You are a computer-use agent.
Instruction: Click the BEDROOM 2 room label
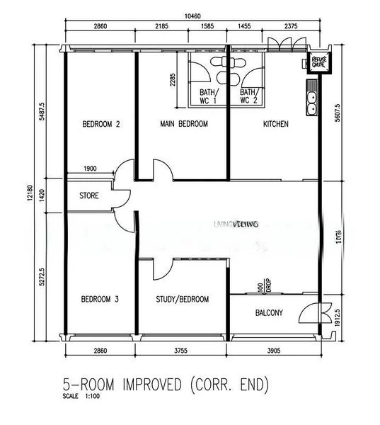100,124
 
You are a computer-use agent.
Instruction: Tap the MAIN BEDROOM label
183,124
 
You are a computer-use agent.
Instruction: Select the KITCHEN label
275,124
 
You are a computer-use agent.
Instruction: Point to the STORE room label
88,195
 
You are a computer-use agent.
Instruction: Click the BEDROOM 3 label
99,299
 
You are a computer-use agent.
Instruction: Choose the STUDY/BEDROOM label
183,299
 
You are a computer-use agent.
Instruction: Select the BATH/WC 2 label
248,96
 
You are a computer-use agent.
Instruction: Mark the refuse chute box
317,63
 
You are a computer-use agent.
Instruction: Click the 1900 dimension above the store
90,168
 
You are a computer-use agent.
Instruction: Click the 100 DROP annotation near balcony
265,286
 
